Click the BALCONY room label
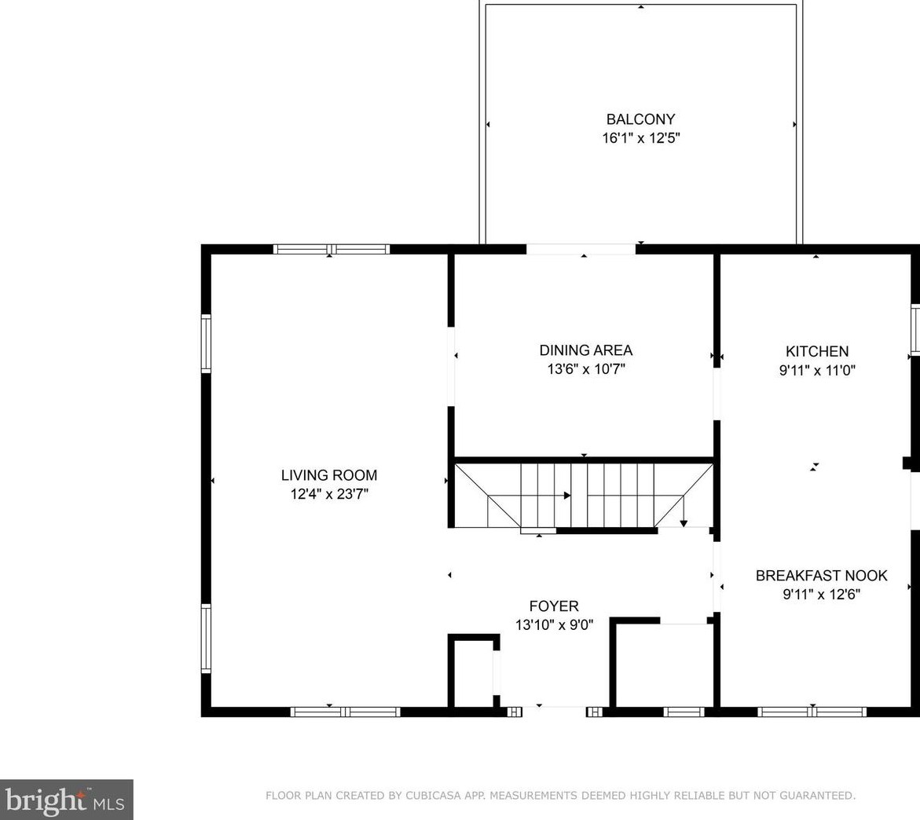pos(640,119)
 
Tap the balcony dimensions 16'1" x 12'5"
pos(640,138)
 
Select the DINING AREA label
pos(585,350)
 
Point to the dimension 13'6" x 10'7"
pos(585,369)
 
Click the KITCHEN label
pos(817,351)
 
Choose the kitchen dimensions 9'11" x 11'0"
pos(817,370)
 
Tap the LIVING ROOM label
pos(329,475)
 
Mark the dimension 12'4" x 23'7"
pos(329,494)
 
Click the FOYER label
pos(554,606)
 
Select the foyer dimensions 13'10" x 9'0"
pos(554,625)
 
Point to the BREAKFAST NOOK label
pos(821,576)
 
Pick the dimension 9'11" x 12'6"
pos(821,595)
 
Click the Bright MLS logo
pos(66,800)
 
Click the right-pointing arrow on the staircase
pos(566,496)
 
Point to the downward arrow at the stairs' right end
pos(684,522)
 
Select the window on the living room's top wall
pos(332,249)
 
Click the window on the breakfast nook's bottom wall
pos(812,712)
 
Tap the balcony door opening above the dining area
pos(581,249)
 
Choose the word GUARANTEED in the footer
pos(819,796)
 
